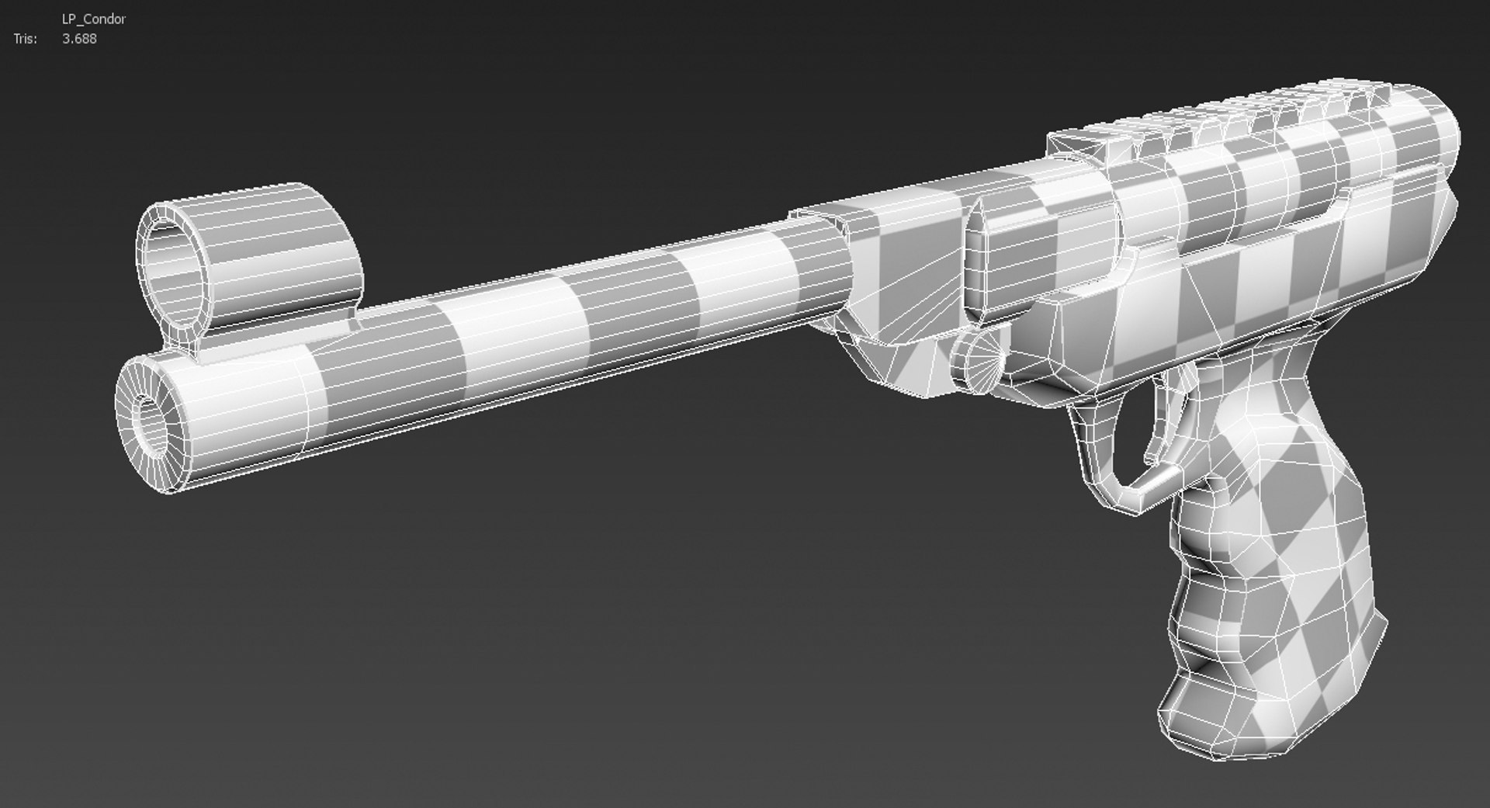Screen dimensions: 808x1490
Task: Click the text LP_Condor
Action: (93, 19)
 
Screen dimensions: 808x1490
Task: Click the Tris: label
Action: (25, 39)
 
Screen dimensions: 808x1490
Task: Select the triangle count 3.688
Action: (79, 39)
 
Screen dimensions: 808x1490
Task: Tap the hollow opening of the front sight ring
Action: (175, 268)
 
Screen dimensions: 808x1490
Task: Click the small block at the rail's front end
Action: (1086, 144)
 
